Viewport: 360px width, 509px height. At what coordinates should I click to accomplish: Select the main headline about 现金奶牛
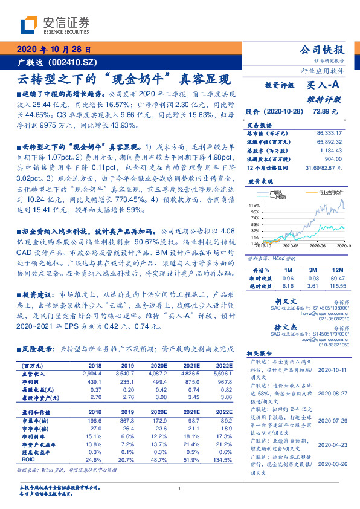click(122, 79)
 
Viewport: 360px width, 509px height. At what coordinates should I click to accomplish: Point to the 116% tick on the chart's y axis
click(254, 206)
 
